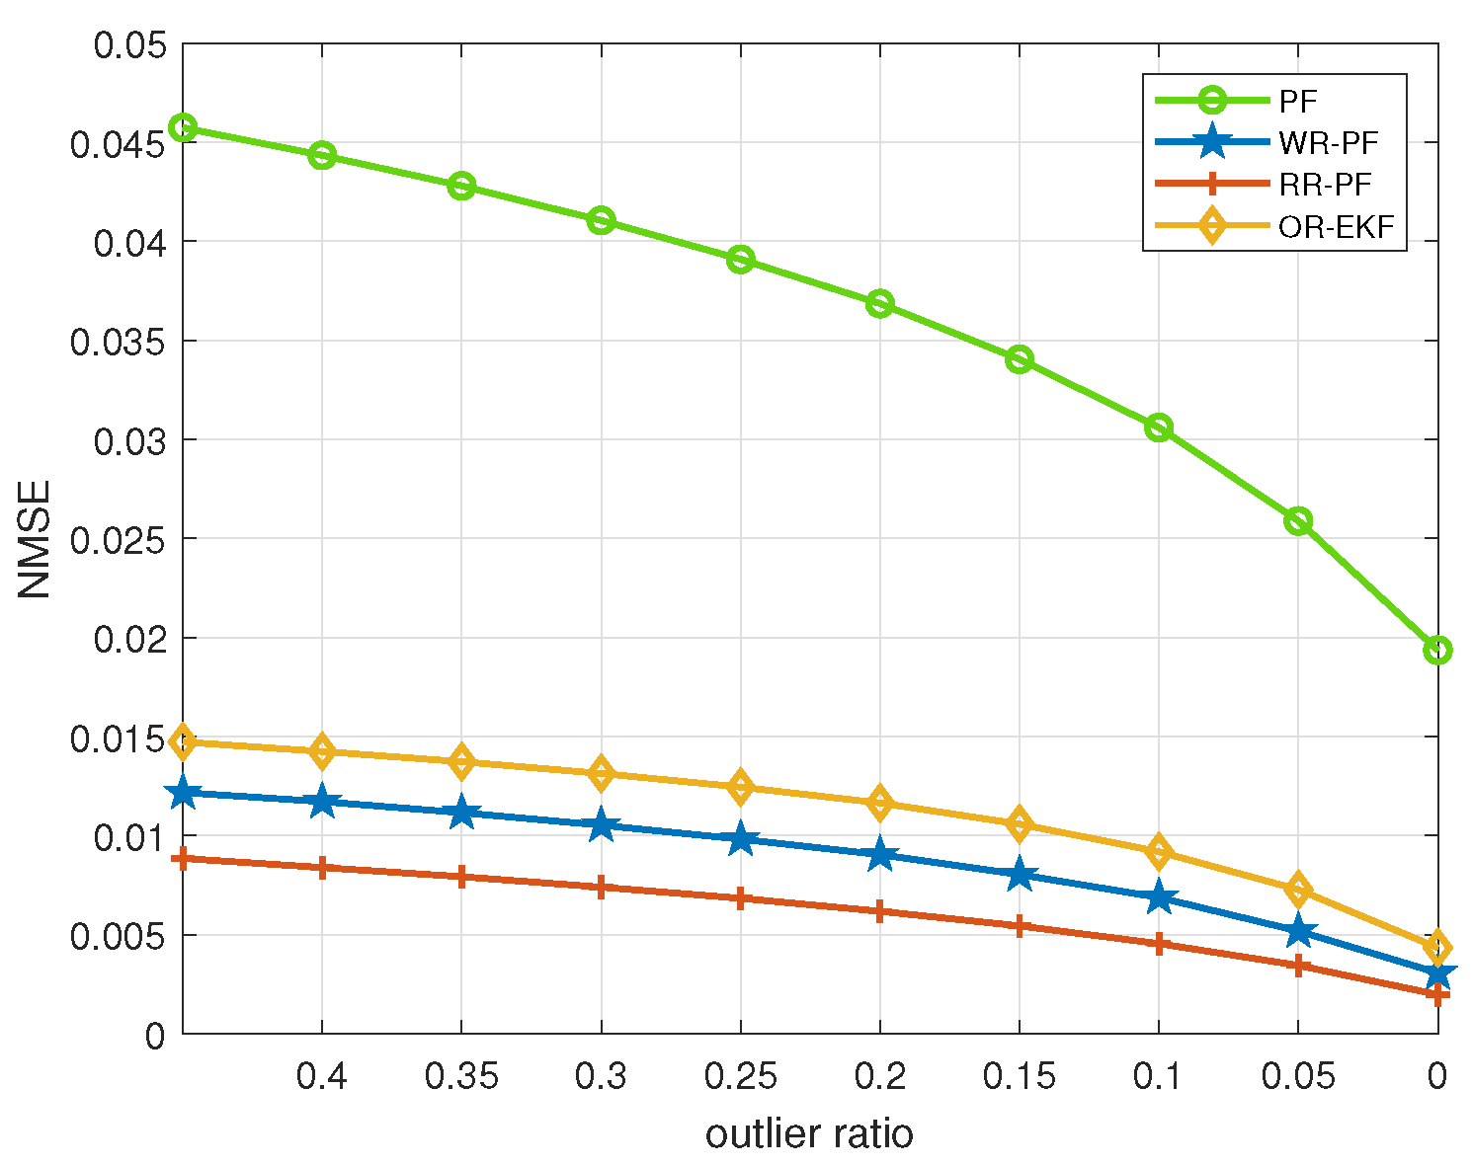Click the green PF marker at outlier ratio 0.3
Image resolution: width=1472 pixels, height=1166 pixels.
coord(601,220)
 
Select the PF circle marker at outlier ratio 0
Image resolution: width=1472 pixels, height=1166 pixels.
coord(1437,650)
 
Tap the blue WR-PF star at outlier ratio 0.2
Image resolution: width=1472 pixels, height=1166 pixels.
coord(880,855)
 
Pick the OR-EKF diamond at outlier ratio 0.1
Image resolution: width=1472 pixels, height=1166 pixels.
coord(1159,851)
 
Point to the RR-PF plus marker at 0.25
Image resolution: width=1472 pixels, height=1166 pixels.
coord(741,898)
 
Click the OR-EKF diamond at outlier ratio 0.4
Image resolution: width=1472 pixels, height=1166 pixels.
coord(322,751)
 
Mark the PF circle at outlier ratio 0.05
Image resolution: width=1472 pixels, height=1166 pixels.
coord(1298,520)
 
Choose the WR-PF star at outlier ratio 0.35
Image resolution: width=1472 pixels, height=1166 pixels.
coord(461,814)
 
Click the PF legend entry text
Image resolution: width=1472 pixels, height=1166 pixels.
coord(1297,101)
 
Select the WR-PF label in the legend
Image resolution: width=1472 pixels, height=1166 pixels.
coord(1327,143)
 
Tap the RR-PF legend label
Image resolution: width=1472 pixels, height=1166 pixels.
coord(1325,185)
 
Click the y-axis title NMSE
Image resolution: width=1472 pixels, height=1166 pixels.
coord(36,538)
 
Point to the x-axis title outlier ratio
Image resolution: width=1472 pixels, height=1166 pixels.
coord(809,1134)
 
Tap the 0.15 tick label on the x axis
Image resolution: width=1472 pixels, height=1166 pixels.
coord(1020,1076)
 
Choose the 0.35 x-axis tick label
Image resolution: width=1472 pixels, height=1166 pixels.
coord(461,1076)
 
